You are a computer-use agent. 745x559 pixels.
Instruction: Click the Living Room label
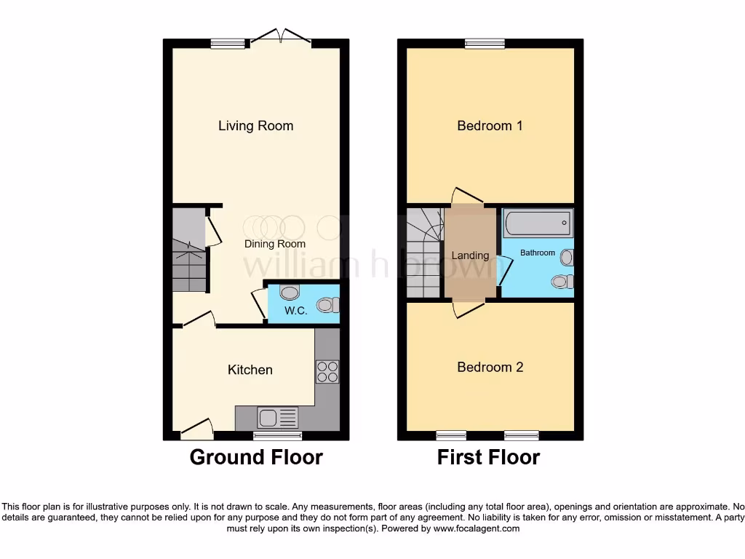coord(255,126)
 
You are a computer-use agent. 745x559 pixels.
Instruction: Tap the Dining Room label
coord(274,244)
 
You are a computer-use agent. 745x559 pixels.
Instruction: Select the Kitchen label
coord(250,370)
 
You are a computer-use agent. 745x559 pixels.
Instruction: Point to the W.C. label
coord(295,311)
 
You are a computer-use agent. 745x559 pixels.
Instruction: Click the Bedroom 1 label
coord(490,126)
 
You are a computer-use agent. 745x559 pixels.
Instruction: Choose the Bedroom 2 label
coord(490,367)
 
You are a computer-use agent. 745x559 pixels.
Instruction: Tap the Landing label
coord(470,255)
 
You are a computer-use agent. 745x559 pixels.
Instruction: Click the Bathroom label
coord(537,253)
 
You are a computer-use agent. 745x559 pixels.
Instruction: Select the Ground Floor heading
coord(256,457)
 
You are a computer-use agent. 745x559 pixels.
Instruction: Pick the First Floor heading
coord(488,457)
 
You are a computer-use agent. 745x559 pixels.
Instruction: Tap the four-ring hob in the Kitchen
coord(327,372)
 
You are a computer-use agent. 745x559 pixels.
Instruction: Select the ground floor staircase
coord(188,251)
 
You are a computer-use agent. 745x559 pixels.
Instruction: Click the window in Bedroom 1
coord(485,44)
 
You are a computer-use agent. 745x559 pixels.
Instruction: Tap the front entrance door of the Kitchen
coord(196,429)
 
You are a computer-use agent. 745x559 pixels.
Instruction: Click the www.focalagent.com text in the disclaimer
coord(476,528)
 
